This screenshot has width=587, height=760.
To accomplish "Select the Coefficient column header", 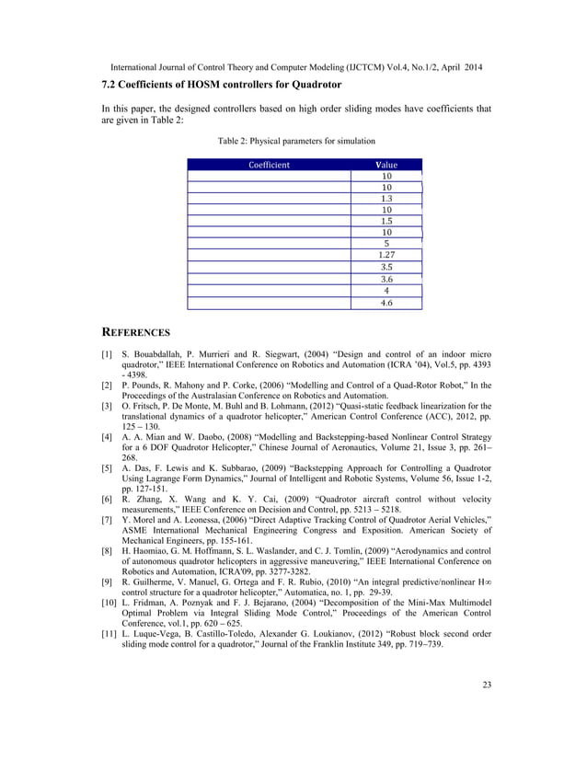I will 269,166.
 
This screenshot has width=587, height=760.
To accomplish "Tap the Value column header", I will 386,166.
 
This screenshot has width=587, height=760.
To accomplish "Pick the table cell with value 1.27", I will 386,255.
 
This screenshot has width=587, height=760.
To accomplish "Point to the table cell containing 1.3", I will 386,198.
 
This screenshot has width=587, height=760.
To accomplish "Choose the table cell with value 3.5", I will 386,267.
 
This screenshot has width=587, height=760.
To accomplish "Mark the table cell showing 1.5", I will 386,221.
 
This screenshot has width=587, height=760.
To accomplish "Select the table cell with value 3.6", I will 386,279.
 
